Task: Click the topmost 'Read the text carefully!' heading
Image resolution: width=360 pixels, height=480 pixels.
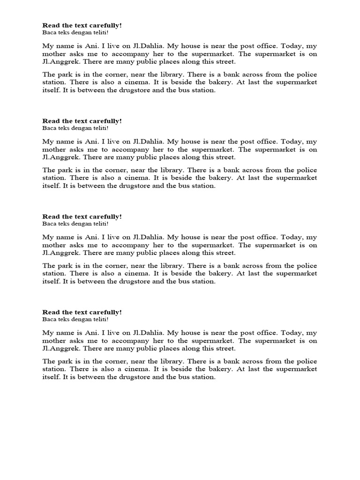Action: (82, 25)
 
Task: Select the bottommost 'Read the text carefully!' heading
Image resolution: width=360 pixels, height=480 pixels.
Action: (82, 312)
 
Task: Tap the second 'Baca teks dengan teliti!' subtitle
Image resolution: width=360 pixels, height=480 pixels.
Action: (75, 128)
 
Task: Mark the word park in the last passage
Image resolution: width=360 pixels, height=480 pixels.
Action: (63, 361)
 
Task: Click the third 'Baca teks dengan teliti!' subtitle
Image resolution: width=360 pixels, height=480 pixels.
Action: (75, 224)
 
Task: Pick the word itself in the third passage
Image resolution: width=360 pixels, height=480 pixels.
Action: (51, 281)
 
